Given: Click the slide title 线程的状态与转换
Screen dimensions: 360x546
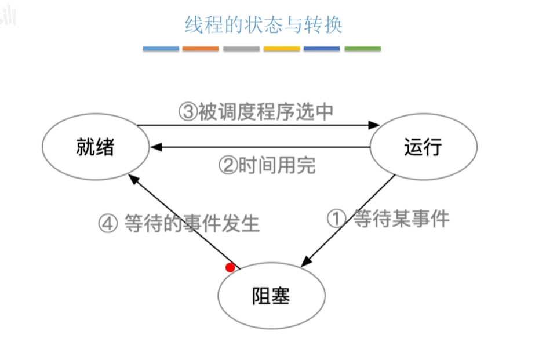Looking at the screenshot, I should point(263,25).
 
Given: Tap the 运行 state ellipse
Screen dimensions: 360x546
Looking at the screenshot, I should point(423,147).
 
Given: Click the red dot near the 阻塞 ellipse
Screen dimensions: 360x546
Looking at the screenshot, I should point(230,267).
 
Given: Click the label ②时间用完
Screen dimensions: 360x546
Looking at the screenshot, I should point(267,165).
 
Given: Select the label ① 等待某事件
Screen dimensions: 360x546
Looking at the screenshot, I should point(388,219).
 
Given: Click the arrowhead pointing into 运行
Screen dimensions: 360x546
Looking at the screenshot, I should point(375,125).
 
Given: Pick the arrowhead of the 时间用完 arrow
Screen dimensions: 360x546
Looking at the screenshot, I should point(154,147).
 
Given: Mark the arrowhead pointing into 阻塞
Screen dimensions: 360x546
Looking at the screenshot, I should point(306,264).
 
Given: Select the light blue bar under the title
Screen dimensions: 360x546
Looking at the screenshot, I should point(161,49).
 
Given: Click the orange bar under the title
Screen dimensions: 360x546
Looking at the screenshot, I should point(201,49).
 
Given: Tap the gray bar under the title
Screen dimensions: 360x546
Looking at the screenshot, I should point(241,49).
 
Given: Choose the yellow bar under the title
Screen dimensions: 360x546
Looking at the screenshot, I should point(282,49).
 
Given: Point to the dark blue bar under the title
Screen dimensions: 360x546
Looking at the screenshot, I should point(322,49).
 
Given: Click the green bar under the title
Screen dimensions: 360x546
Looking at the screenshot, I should point(362,49).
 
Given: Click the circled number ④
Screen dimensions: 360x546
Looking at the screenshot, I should point(108,224).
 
